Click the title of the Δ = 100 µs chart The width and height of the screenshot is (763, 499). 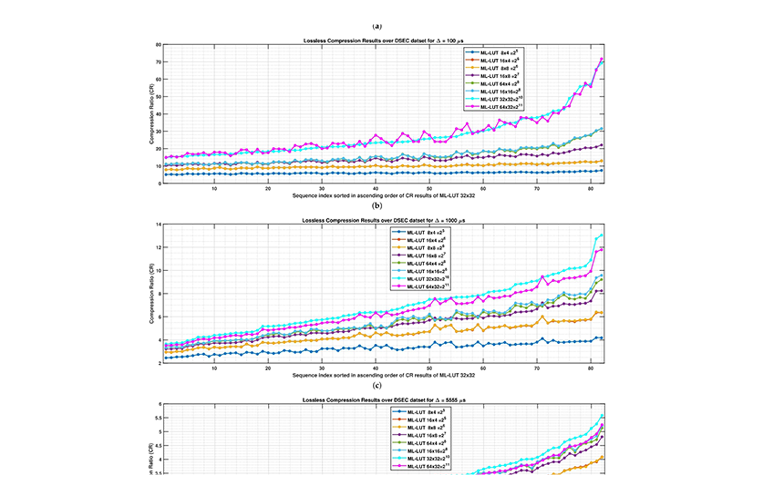383,41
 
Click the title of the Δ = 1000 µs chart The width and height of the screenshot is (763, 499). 383,220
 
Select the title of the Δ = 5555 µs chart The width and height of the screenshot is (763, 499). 383,400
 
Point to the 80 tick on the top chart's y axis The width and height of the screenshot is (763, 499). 158,45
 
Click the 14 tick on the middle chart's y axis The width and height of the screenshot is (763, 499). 158,225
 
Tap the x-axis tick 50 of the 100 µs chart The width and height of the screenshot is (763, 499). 429,189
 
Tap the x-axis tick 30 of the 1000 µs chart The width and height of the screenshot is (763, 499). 322,368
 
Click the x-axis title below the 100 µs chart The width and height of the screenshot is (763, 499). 383,195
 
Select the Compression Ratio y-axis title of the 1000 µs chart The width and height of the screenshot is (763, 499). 151,293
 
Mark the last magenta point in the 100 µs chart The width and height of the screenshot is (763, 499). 602,59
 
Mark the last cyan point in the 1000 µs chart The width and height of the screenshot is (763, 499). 602,235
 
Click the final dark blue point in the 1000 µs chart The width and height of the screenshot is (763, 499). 602,338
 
